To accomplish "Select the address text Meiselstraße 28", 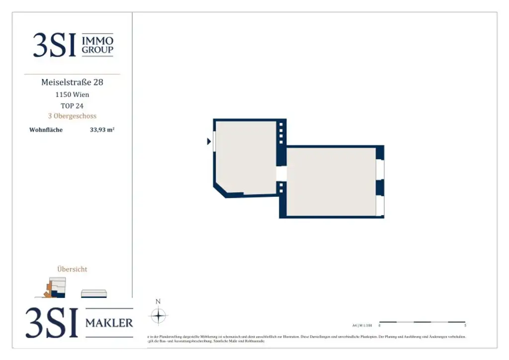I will pyautogui.click(x=72, y=82).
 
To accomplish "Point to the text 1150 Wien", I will pyautogui.click(x=72, y=94).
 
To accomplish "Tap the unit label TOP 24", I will pyautogui.click(x=72, y=105).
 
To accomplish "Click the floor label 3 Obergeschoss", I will pyautogui.click(x=72, y=116).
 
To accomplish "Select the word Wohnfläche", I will pyautogui.click(x=46, y=130).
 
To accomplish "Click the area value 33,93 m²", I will pyautogui.click(x=102, y=130).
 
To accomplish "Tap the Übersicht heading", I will pyautogui.click(x=72, y=269).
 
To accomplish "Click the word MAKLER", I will pyautogui.click(x=109, y=323).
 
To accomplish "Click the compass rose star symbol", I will pyautogui.click(x=158, y=316).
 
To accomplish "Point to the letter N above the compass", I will pyautogui.click(x=158, y=301).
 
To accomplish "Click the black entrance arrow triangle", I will pyautogui.click(x=209, y=142).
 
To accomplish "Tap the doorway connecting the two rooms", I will pyautogui.click(x=281, y=174).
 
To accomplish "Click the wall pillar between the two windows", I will pyautogui.click(x=380, y=187).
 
